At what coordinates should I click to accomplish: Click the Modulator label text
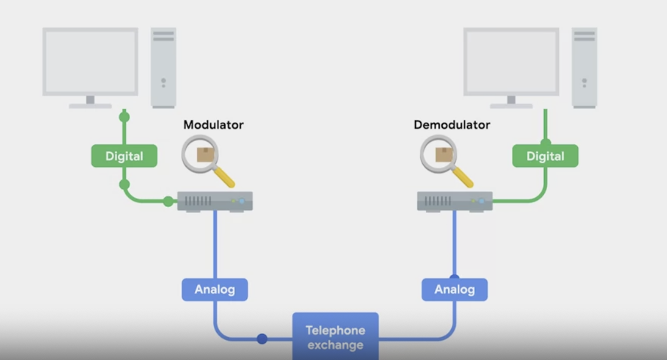pyautogui.click(x=213, y=125)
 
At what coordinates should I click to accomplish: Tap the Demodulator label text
pyautogui.click(x=452, y=125)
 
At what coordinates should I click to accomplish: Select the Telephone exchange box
pyautogui.click(x=335, y=337)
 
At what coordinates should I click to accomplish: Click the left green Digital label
pyautogui.click(x=124, y=156)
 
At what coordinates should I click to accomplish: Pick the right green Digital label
pyautogui.click(x=545, y=156)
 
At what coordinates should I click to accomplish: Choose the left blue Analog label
pyautogui.click(x=215, y=290)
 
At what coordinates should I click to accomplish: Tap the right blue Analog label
pyautogui.click(x=454, y=290)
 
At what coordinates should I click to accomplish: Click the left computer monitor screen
pyautogui.click(x=90, y=61)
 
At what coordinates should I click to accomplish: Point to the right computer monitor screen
pyautogui.click(x=511, y=61)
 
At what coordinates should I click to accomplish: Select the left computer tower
pyautogui.click(x=163, y=67)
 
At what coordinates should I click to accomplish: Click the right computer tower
pyautogui.click(x=584, y=67)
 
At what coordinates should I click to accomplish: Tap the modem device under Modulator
pyautogui.click(x=215, y=201)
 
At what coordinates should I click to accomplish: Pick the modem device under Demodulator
pyautogui.click(x=454, y=201)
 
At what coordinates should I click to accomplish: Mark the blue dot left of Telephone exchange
pyautogui.click(x=262, y=339)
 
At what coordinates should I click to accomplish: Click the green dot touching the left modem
pyautogui.click(x=168, y=201)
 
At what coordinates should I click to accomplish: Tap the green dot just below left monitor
pyautogui.click(x=124, y=117)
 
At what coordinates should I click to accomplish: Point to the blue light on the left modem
pyautogui.click(x=242, y=201)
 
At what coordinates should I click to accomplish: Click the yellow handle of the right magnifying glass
pyautogui.click(x=463, y=176)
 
